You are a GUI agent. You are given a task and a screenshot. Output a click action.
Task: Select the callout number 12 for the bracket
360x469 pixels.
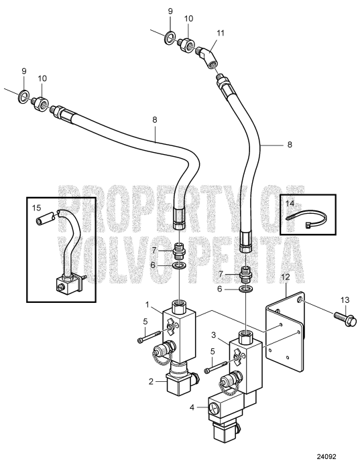click(286, 277)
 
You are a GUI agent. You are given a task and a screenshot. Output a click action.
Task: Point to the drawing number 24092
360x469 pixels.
click(326, 457)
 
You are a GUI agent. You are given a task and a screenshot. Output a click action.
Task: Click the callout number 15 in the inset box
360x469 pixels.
click(37, 207)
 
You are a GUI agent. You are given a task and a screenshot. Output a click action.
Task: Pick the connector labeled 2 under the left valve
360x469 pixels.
click(181, 382)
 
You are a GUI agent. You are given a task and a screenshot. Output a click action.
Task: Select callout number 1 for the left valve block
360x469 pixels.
click(147, 304)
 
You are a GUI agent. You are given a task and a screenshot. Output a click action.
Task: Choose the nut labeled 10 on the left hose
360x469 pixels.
click(40, 103)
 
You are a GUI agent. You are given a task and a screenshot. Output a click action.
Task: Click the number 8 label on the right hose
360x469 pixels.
click(289, 145)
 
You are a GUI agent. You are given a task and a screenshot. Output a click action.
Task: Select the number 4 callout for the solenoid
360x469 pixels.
click(192, 407)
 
